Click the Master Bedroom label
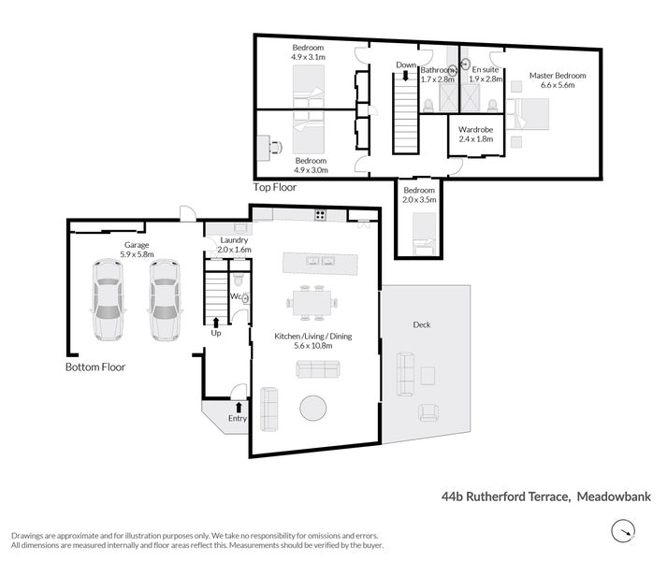tap(557, 79)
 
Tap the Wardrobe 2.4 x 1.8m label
tap(475, 134)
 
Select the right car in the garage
tap(164, 299)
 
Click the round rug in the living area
tap(313, 408)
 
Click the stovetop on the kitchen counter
tap(319, 215)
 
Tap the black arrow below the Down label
tap(405, 77)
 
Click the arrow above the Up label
tap(216, 321)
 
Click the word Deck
tap(421, 324)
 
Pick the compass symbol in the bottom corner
tap(621, 533)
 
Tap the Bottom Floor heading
tap(94, 367)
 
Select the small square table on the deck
tap(428, 375)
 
